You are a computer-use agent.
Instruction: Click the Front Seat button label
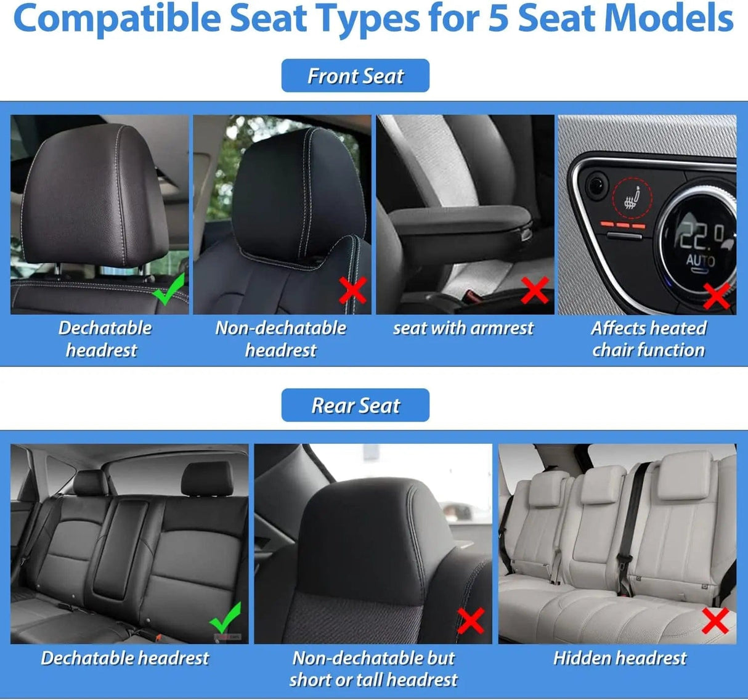[x=356, y=76]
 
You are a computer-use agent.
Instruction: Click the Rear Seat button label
[x=356, y=405]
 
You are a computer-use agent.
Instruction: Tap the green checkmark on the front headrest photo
[x=168, y=290]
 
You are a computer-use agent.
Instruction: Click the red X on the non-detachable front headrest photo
[x=353, y=290]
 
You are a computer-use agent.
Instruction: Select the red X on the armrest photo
[x=535, y=290]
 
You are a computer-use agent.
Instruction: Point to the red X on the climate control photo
[x=717, y=296]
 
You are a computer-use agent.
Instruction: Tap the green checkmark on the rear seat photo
[x=226, y=619]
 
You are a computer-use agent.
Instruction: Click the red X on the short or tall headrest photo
[x=471, y=621]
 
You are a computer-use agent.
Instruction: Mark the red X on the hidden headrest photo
[x=715, y=621]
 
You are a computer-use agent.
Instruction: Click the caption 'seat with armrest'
[x=463, y=328]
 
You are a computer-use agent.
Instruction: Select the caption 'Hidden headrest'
[x=619, y=658]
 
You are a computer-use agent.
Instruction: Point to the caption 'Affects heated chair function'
[x=648, y=339]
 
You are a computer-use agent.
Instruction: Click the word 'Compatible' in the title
[x=116, y=18]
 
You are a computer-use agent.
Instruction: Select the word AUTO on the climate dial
[x=701, y=260]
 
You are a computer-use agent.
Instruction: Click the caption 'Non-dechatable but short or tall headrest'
[x=373, y=669]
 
